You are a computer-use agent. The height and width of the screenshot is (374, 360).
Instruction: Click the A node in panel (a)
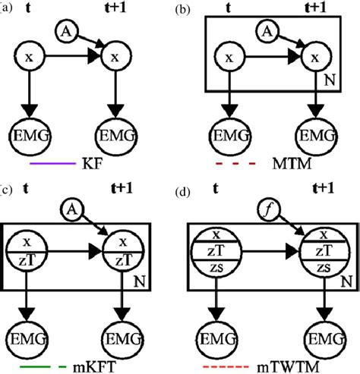click(66, 31)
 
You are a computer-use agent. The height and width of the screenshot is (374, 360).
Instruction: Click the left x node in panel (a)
click(28, 58)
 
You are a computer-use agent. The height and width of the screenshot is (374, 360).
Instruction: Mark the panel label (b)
click(182, 10)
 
